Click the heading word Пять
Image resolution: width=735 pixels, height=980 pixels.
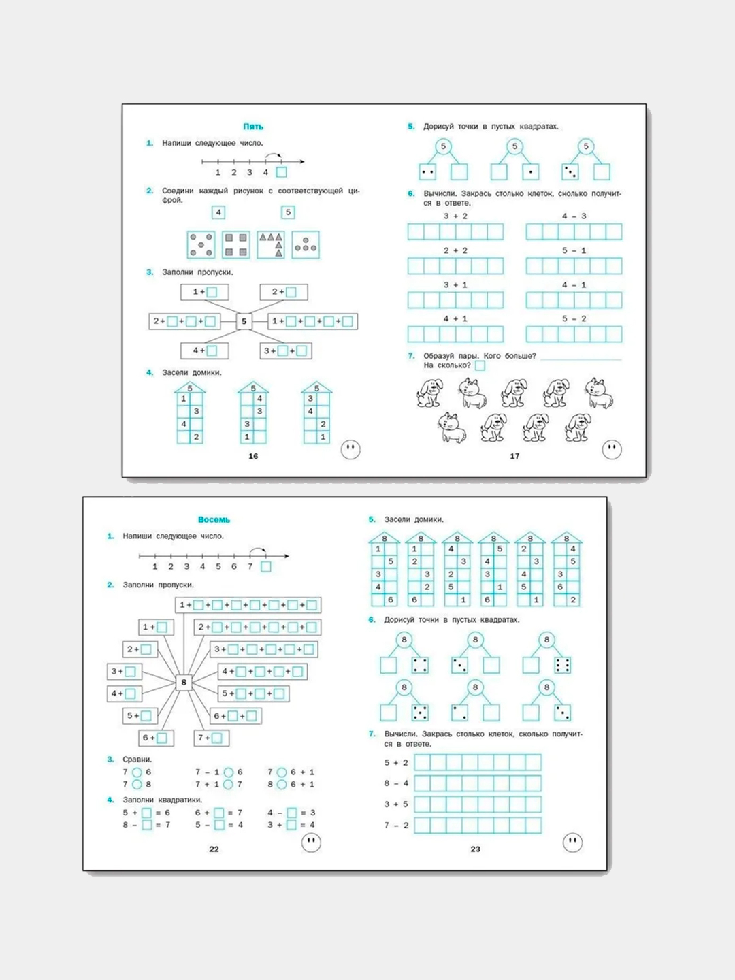(x=253, y=127)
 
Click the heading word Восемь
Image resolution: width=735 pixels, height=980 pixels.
(x=214, y=519)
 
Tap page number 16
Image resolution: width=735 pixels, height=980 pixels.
(x=253, y=456)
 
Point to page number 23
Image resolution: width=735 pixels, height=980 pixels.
(x=475, y=849)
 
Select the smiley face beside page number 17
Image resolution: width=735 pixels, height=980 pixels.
(x=612, y=449)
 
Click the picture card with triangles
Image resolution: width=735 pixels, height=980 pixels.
(x=271, y=244)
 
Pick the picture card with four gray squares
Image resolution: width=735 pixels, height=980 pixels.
(x=235, y=244)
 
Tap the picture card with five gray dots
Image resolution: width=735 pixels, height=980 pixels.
(x=201, y=244)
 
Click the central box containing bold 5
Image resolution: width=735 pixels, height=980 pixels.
(x=244, y=321)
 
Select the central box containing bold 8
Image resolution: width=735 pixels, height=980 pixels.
(x=183, y=682)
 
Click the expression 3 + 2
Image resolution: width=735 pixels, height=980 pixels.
(x=455, y=216)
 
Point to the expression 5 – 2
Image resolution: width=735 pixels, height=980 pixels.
(x=574, y=318)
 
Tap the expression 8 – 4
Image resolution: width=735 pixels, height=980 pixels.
(x=396, y=783)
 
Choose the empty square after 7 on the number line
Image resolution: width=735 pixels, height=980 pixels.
(x=265, y=566)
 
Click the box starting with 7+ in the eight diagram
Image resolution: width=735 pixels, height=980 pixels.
(x=212, y=737)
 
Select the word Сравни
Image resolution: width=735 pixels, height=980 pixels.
(x=137, y=759)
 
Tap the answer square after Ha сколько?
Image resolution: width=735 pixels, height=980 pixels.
(x=480, y=365)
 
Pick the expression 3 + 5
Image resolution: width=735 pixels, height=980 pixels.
(x=396, y=804)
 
